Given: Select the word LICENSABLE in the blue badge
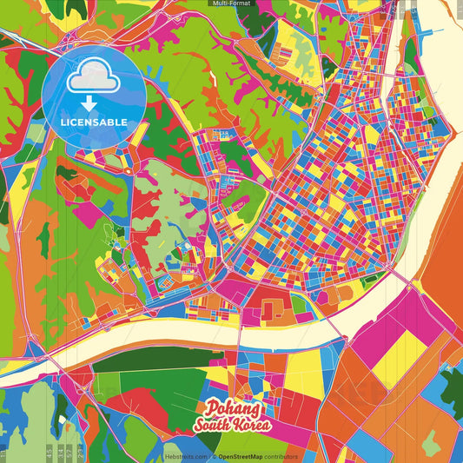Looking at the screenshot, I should point(93,121).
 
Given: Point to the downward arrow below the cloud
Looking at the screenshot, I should point(93,103).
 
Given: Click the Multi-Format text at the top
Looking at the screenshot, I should point(231,3).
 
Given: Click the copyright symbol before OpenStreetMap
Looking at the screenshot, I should point(215,456).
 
